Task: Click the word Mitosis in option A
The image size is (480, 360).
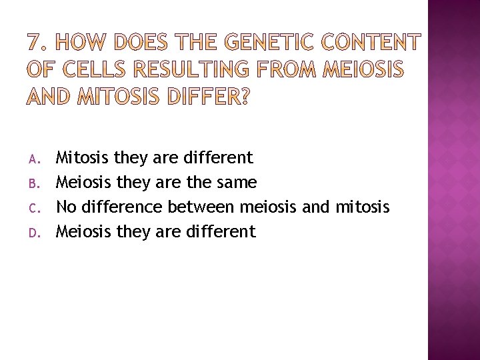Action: pos(83,158)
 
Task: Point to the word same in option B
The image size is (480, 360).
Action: pos(234,182)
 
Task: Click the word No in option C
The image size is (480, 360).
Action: pos(67,207)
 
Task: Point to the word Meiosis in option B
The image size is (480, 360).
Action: pos(85,182)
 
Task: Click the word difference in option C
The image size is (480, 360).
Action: pos(121,207)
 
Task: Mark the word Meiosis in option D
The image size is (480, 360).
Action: pos(85,231)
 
